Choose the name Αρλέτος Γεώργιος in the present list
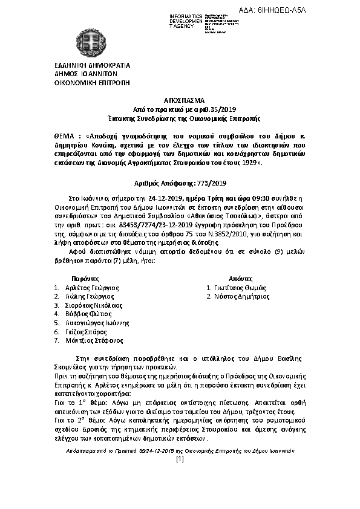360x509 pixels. click(x=91, y=288)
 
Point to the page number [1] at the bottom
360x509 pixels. click(x=180, y=459)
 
